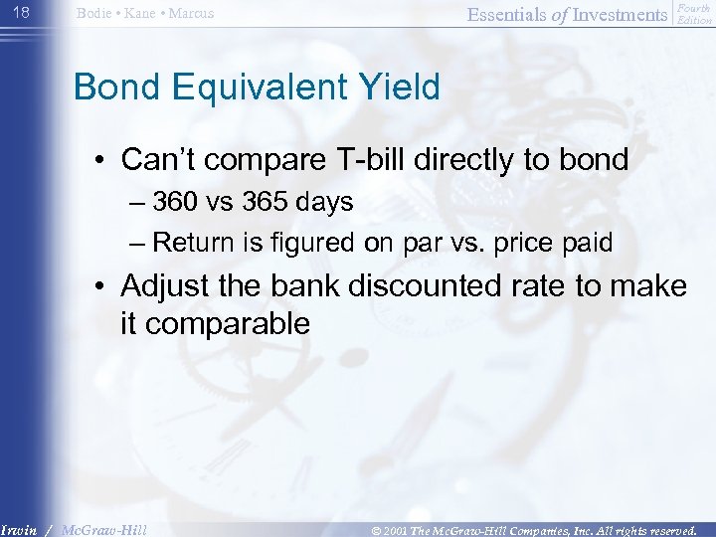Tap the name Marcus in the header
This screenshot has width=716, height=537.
tap(190, 14)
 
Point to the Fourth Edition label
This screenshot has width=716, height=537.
tap(694, 14)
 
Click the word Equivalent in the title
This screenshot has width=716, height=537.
tap(259, 88)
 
